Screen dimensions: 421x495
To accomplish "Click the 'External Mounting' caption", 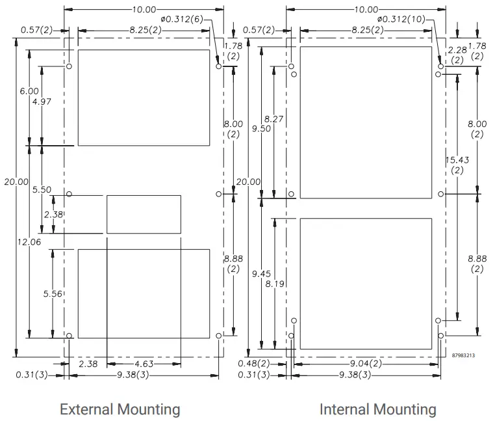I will coord(120,409).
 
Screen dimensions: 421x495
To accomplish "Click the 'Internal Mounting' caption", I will coord(377,409).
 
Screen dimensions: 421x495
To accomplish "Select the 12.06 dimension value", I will coord(29,241).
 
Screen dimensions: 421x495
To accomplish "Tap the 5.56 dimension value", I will coord(52,294).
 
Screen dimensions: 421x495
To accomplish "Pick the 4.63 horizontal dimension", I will coord(144,364).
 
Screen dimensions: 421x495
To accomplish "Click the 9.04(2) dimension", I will coord(365,364).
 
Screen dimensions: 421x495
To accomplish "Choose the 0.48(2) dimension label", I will coord(257,364).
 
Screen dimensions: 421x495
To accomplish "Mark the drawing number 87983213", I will coord(463,355).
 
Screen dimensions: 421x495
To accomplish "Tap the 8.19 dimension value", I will coord(273,284).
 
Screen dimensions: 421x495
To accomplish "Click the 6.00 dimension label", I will coord(29,91).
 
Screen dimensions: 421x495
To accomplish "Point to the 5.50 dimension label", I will coord(42,189).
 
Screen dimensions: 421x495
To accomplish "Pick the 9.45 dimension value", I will coord(261,274).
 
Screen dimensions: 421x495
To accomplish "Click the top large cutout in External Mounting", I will coord(144,97).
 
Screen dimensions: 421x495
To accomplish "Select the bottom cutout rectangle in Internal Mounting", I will coord(366,283).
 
